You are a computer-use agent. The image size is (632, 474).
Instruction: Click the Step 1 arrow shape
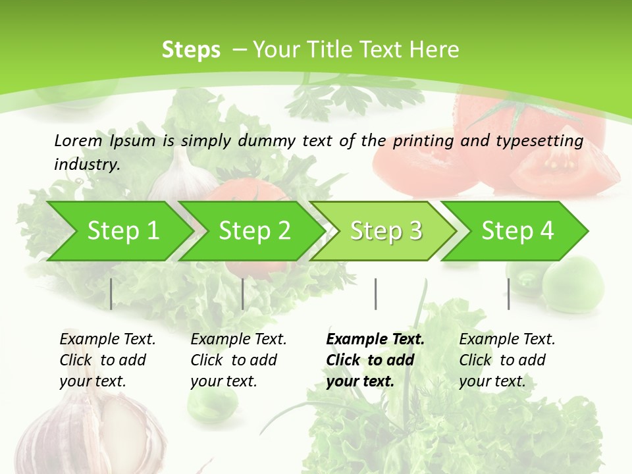click(x=122, y=231)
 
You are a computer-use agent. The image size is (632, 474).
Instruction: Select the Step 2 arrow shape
click(x=254, y=231)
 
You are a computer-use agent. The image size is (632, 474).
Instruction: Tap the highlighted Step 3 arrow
click(x=386, y=231)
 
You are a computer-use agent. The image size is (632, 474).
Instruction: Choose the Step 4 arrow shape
click(x=517, y=231)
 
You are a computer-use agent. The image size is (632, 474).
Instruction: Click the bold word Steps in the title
click(x=191, y=49)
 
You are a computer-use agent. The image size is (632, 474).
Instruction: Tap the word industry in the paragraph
click(x=86, y=164)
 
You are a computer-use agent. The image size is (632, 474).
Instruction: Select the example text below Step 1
click(x=107, y=359)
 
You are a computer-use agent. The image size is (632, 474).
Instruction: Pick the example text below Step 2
click(x=238, y=359)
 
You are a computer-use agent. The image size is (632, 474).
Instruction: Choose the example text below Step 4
click(x=507, y=359)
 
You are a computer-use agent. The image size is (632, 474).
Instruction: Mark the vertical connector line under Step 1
click(x=111, y=294)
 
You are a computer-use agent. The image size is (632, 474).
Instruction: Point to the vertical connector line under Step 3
click(x=375, y=294)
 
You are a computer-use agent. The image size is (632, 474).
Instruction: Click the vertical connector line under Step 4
click(x=508, y=294)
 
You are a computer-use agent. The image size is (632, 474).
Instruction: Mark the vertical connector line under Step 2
click(x=243, y=294)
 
